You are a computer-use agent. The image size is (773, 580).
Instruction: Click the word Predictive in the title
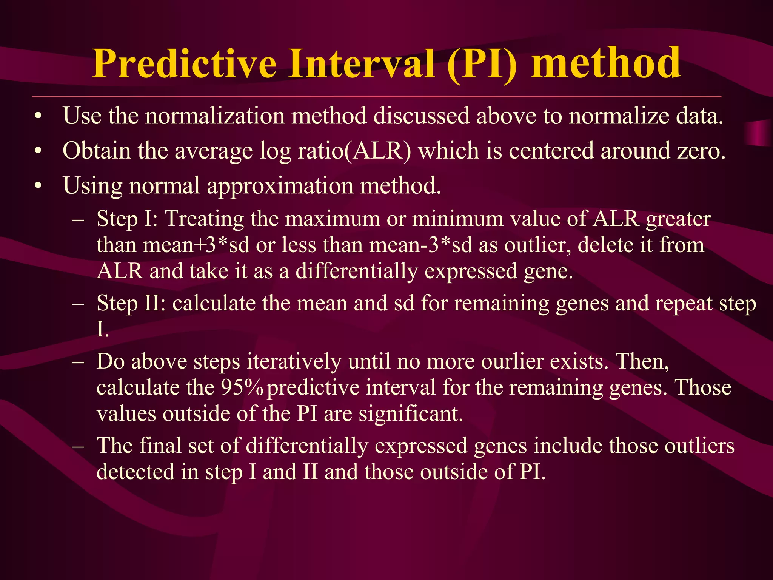pos(185,63)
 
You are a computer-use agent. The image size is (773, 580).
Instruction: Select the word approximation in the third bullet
pos(280,186)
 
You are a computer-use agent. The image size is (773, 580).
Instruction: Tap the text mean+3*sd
pos(196,245)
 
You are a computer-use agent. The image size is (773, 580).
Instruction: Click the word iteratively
pos(294,361)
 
